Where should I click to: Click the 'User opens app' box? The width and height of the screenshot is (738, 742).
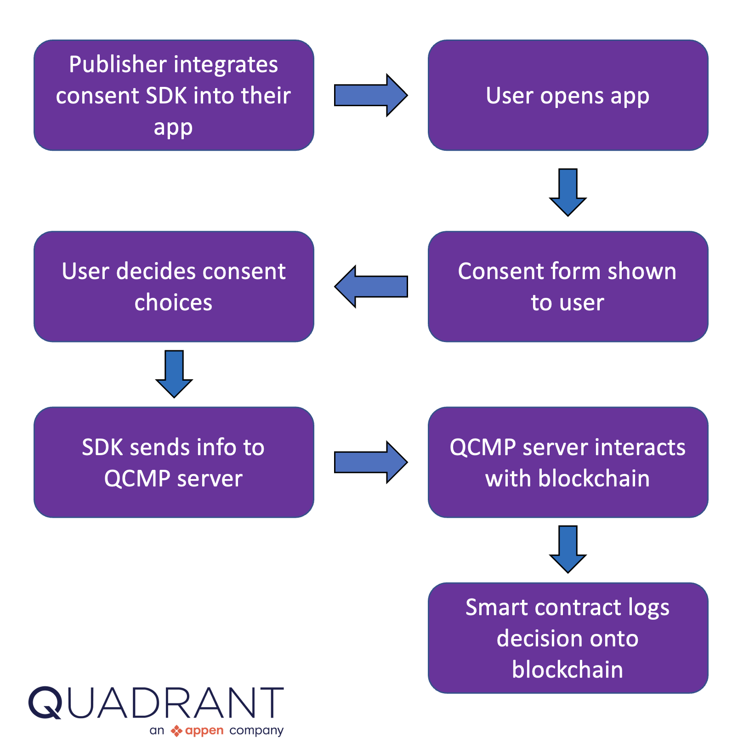click(x=568, y=95)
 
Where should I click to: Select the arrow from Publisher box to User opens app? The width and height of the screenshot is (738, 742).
click(x=370, y=95)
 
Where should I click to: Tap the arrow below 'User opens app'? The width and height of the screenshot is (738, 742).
click(x=568, y=192)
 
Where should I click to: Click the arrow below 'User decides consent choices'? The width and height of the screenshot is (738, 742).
click(x=174, y=374)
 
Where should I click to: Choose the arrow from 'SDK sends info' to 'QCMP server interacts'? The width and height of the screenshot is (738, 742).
click(x=370, y=462)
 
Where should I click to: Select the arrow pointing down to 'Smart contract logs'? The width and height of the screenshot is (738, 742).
click(x=568, y=549)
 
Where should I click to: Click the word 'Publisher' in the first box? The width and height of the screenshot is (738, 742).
click(x=117, y=64)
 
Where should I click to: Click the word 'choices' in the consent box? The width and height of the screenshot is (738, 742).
click(x=173, y=303)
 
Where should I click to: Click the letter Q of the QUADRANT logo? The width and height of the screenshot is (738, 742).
click(x=45, y=702)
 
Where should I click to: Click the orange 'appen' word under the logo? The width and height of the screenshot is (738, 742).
click(x=204, y=731)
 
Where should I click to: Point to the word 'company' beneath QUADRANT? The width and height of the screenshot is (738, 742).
click(x=256, y=731)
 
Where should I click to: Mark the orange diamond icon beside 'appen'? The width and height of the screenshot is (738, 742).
click(x=176, y=731)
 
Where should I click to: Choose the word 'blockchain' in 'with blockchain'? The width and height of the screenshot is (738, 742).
click(x=594, y=479)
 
